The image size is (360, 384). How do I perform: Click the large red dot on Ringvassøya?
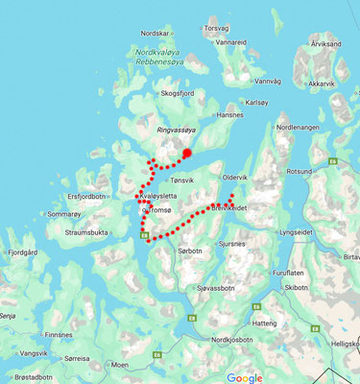click(187, 152)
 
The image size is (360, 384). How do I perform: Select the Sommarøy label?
click(64, 214)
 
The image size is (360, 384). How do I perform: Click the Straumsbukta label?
click(85, 231)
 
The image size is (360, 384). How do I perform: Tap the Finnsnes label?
click(58, 335)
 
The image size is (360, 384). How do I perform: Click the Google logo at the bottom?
click(245, 377)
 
